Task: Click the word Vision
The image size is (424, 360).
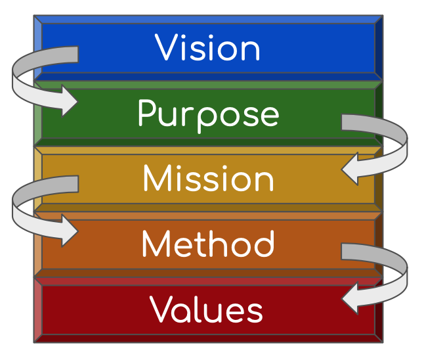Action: pos(207,48)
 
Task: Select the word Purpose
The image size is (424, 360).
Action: pos(208,114)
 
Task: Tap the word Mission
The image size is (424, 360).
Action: pos(208,179)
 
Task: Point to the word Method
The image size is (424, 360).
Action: pos(208,244)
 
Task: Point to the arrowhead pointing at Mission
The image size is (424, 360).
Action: pos(350,169)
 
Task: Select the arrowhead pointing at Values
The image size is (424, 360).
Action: pos(350,299)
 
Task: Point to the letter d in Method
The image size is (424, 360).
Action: pos(264,244)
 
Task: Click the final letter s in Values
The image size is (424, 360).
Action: pos(255,312)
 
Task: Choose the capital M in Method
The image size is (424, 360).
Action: pos(156,244)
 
